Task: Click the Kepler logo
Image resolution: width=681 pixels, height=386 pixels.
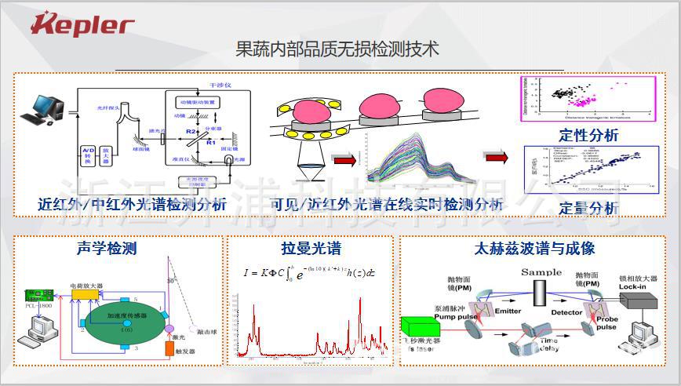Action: point(82,24)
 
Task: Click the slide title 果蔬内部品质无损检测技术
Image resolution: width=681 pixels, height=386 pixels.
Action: point(337,49)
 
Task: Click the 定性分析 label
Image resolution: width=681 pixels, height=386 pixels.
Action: point(588,135)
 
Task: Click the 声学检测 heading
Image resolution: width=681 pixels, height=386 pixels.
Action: point(107,249)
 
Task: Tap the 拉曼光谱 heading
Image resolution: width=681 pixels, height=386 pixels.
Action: point(311,249)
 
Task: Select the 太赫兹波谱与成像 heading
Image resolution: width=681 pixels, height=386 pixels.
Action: point(535,249)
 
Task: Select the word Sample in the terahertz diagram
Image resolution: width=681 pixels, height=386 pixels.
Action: point(541,272)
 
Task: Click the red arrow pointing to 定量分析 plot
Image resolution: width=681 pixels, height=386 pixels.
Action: point(496,158)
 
